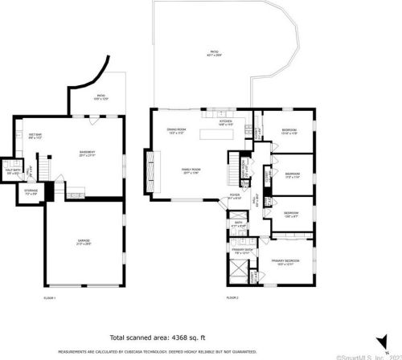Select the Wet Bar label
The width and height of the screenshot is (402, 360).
pyautogui.click(x=35, y=137)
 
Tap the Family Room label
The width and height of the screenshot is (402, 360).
pyautogui.click(x=191, y=170)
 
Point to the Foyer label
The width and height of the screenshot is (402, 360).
pyautogui.click(x=236, y=196)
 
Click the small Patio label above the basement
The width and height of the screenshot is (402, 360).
pyautogui.click(x=101, y=96)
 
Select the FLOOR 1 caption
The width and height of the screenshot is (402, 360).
pyautogui.click(x=50, y=298)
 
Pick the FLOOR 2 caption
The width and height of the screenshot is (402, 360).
pyautogui.click(x=232, y=298)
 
